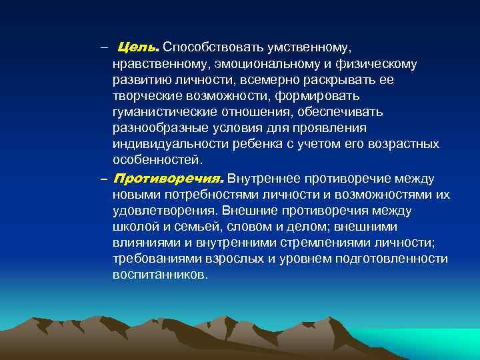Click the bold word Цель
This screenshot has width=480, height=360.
pos(138,48)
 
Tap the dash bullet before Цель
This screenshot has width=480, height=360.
pos(104,48)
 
